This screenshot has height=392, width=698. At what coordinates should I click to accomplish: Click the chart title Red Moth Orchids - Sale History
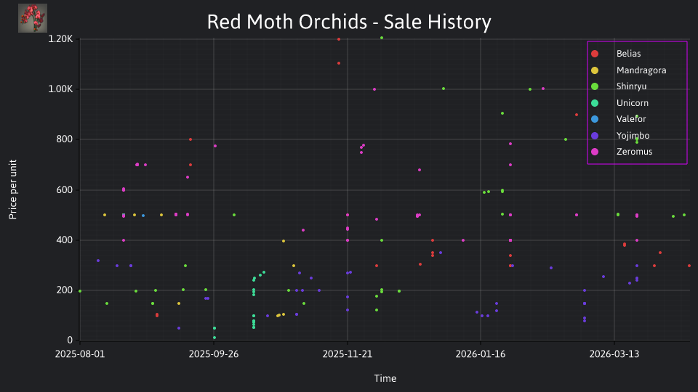[x=349, y=22]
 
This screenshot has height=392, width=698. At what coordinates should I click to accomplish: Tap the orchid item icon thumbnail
[x=33, y=18]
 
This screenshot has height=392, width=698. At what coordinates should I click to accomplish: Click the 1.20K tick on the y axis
[x=60, y=39]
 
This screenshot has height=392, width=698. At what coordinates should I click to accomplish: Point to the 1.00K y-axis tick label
[x=60, y=89]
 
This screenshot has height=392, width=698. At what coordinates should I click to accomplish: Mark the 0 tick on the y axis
[x=70, y=340]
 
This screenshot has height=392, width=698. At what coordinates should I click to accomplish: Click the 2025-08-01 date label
[x=80, y=354]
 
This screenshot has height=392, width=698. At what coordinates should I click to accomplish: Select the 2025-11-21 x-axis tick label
[x=348, y=354]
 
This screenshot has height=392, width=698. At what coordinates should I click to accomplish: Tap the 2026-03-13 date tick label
[x=614, y=354]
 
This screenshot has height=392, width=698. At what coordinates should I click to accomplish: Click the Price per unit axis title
[x=13, y=189]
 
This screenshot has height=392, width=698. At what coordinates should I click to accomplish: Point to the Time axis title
[x=385, y=378]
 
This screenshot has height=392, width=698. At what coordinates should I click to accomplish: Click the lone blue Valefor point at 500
[x=143, y=216]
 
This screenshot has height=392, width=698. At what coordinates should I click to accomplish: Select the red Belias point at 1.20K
[x=339, y=39]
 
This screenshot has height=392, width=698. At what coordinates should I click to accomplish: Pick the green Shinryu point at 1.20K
[x=382, y=38]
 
